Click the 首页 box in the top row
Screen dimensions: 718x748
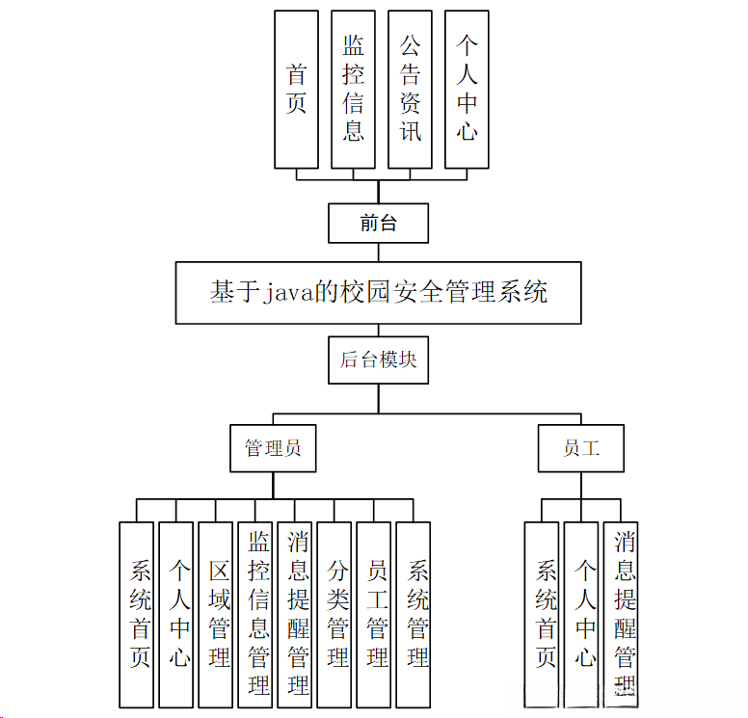click(x=296, y=90)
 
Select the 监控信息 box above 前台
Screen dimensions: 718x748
click(x=353, y=90)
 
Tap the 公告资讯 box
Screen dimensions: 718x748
click(x=410, y=90)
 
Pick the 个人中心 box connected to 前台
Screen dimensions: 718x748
click(x=467, y=90)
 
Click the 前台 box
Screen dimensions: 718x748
click(x=378, y=224)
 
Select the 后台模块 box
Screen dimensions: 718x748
click(x=378, y=359)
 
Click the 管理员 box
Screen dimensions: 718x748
click(x=273, y=448)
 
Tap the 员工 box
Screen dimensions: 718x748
click(x=580, y=448)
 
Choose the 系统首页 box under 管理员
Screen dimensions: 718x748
click(x=137, y=614)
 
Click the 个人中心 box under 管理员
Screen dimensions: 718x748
click(x=176, y=614)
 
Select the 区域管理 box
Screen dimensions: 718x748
click(x=216, y=614)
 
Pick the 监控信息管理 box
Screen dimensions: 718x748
click(x=255, y=614)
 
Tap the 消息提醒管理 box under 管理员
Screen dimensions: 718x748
click(x=295, y=614)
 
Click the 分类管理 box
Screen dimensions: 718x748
click(x=334, y=614)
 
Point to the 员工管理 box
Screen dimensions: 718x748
click(x=374, y=614)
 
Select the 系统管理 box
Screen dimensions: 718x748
click(x=414, y=614)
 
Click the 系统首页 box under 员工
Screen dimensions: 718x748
click(x=542, y=614)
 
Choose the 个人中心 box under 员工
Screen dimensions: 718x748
click(x=581, y=614)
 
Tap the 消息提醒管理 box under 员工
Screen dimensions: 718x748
click(x=621, y=614)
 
